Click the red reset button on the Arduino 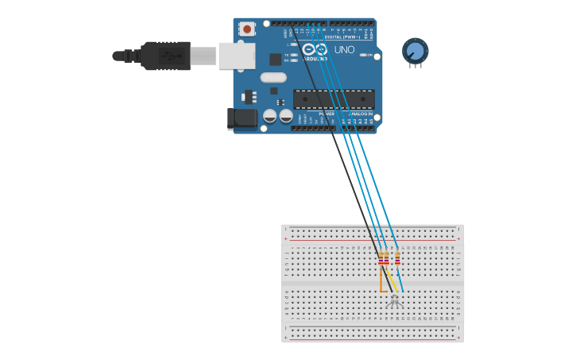click(247, 29)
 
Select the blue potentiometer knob click(415, 52)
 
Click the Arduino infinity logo click(314, 49)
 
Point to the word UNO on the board click(345, 49)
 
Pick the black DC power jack click(242, 119)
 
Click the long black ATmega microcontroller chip click(334, 99)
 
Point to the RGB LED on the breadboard click(394, 300)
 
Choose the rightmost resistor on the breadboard click(397, 258)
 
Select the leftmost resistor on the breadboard click(381, 258)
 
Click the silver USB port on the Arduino click(237, 56)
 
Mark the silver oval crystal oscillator click(273, 77)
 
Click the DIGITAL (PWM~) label click(342, 37)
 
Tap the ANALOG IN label click(358, 114)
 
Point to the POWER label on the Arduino click(327, 114)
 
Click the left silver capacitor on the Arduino click(270, 115)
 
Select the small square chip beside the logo click(275, 59)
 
